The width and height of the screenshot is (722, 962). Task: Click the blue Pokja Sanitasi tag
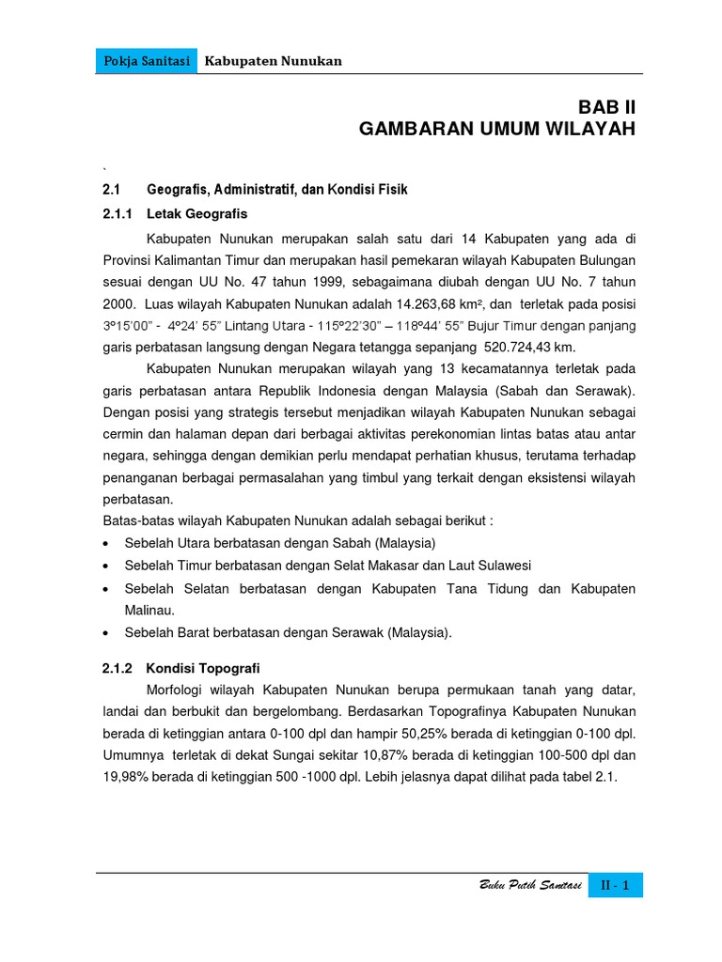coord(146,61)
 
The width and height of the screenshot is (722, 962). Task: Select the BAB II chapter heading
coord(606,107)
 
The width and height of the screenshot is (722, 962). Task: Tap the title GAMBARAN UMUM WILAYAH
coord(497,129)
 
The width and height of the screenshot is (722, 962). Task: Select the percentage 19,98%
coord(127,778)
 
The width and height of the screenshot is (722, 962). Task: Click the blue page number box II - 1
coord(616,885)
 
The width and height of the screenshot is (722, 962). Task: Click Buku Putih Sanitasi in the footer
coord(530,886)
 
